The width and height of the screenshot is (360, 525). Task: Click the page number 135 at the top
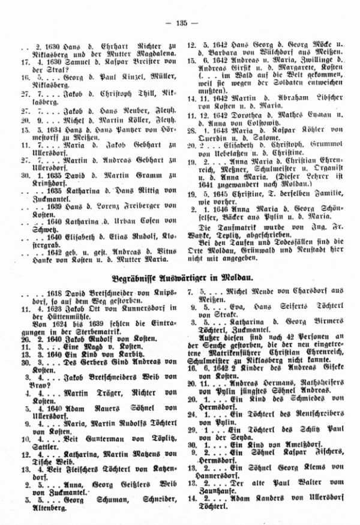point(180,23)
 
